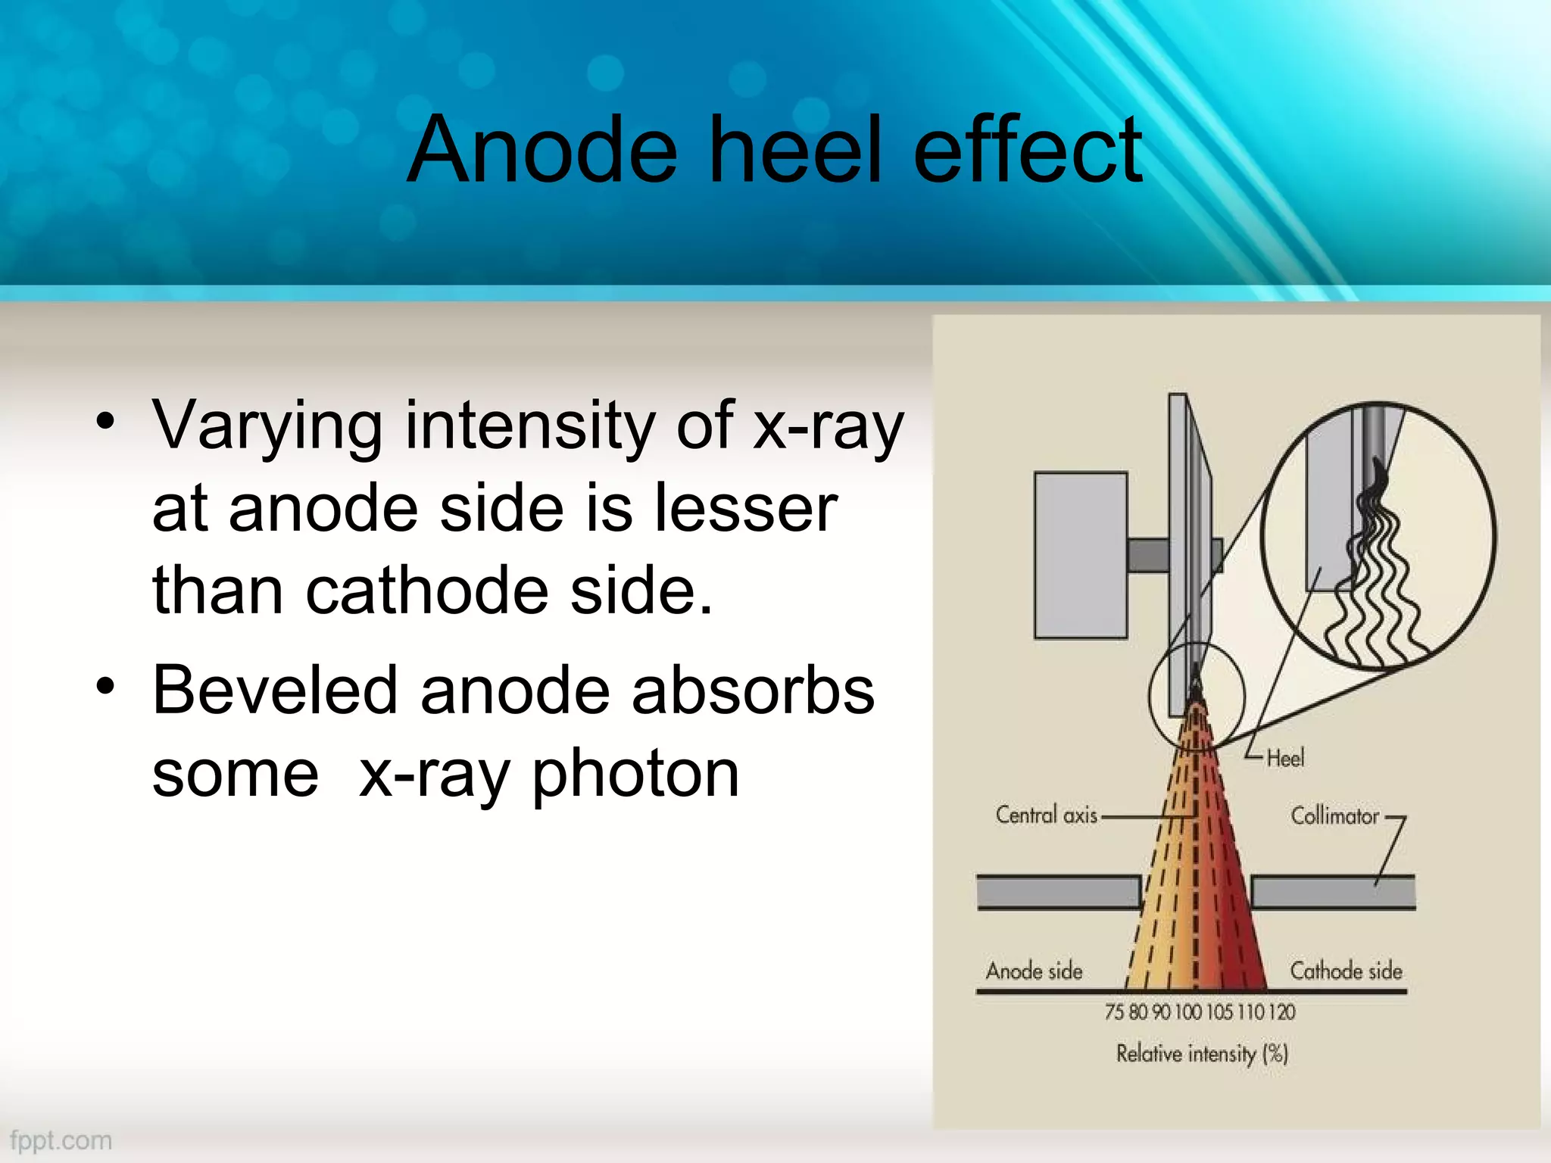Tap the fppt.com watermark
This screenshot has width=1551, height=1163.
[x=61, y=1140]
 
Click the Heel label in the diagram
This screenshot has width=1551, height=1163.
[x=1285, y=758]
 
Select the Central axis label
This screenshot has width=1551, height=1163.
[x=1046, y=815]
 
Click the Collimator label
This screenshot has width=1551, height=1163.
[x=1334, y=816]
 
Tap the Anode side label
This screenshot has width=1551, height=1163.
[x=1034, y=971]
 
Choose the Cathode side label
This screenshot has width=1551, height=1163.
[x=1346, y=971]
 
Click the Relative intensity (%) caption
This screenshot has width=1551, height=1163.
[x=1202, y=1053]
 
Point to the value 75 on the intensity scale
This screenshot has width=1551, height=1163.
[x=1114, y=1012]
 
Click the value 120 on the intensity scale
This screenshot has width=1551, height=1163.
[x=1282, y=1012]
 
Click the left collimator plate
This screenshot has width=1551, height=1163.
[x=1058, y=892]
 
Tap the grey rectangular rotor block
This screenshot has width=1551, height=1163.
[x=1081, y=555]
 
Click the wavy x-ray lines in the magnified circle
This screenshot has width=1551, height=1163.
[x=1375, y=583]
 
